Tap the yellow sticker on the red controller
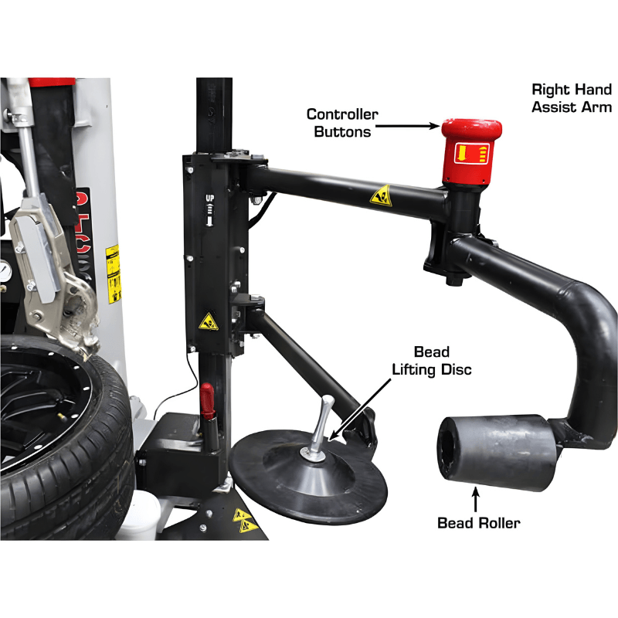[x=470, y=152]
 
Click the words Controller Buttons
[x=342, y=123]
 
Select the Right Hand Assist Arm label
[x=572, y=97]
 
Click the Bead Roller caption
[x=479, y=523]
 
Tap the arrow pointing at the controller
[x=409, y=124]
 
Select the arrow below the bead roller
[x=476, y=494]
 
